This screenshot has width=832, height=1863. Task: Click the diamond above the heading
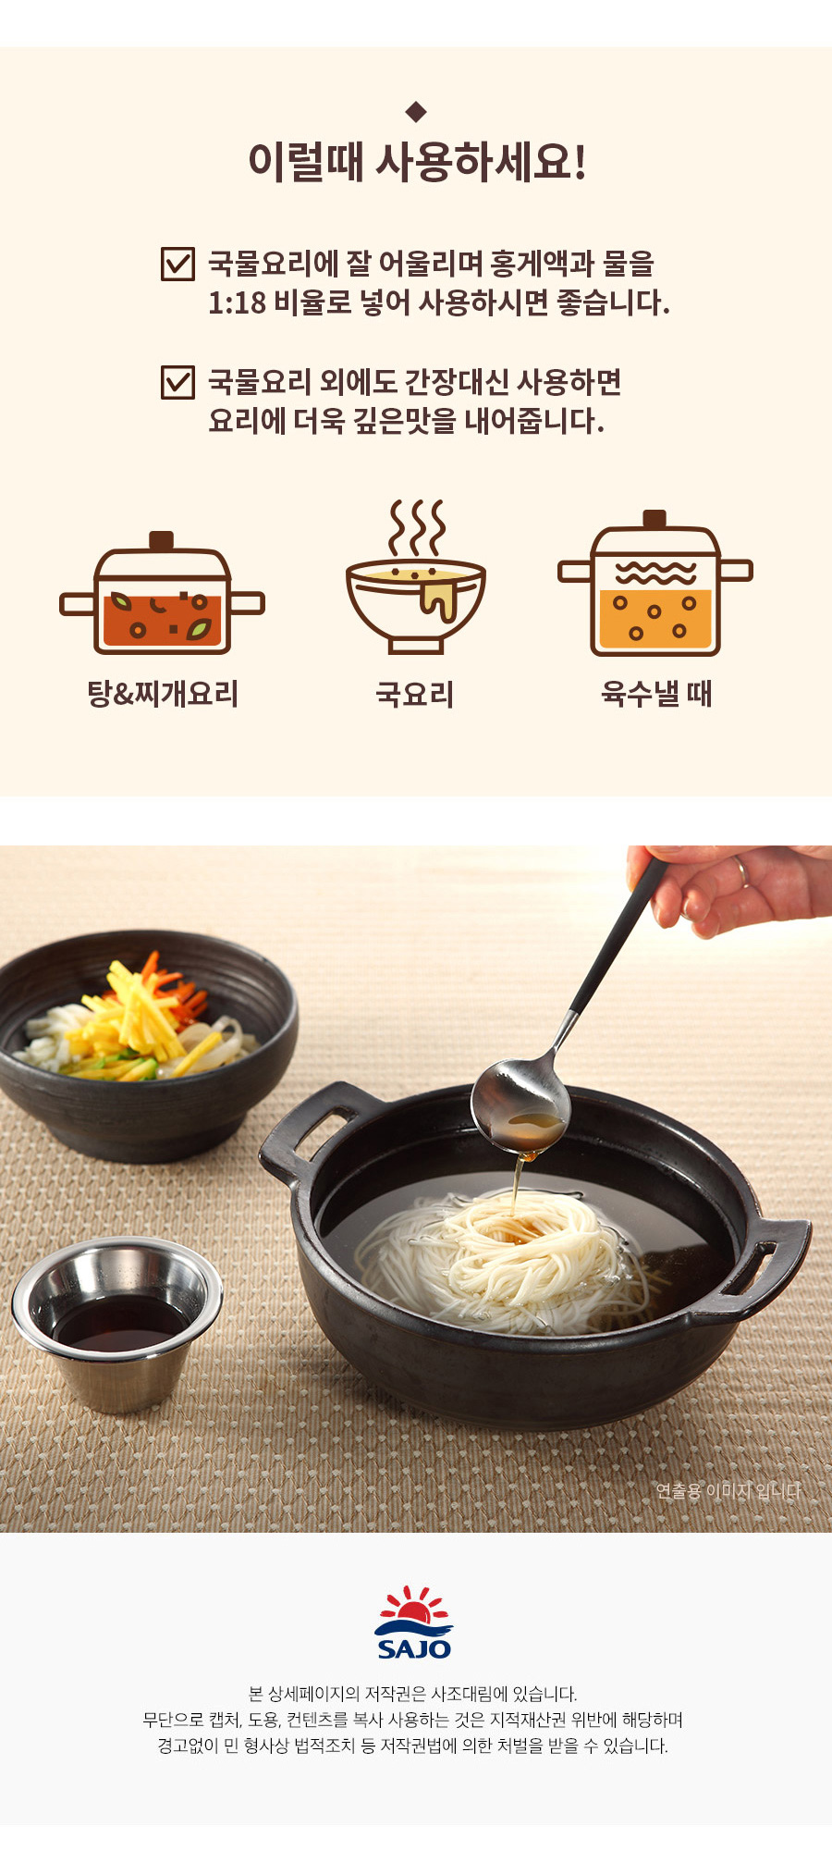click(x=416, y=112)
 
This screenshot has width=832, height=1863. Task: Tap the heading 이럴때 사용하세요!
click(x=417, y=162)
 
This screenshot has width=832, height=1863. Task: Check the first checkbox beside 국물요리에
click(x=177, y=264)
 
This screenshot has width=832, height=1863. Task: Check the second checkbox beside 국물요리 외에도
click(x=177, y=382)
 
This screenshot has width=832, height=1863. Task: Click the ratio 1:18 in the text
click(x=237, y=303)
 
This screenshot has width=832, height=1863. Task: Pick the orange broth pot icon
click(x=655, y=582)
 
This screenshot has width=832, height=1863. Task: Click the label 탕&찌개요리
click(x=163, y=694)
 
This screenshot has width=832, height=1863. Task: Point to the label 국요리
click(x=415, y=695)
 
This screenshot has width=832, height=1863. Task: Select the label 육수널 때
click(x=656, y=694)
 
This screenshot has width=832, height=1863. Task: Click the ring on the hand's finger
click(x=741, y=870)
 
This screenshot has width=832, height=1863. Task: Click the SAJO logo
click(x=414, y=1623)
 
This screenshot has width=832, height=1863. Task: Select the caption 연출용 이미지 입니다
click(x=728, y=1491)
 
